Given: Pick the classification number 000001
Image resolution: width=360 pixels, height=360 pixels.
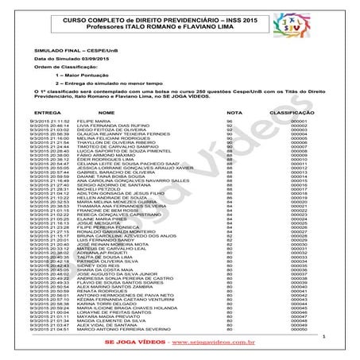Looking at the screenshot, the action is click(299, 121).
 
